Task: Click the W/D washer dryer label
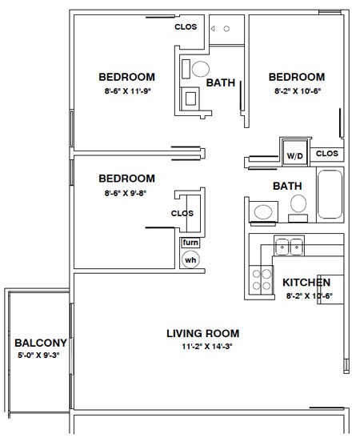pyautogui.click(x=294, y=156)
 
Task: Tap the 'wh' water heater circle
pyautogui.click(x=190, y=259)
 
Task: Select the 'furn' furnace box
pyautogui.click(x=190, y=243)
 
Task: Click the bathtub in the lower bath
pyautogui.click(x=330, y=195)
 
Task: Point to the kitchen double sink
pyautogui.click(x=289, y=246)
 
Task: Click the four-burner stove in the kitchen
pyautogui.click(x=261, y=280)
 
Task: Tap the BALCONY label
pyautogui.click(x=41, y=343)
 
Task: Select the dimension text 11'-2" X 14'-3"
pyautogui.click(x=207, y=347)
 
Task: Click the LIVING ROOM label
pyautogui.click(x=203, y=333)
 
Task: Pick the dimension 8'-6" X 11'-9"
pyautogui.click(x=128, y=91)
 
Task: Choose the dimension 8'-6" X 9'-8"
pyautogui.click(x=126, y=193)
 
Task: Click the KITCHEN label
pyautogui.click(x=306, y=283)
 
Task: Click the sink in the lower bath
pyautogui.click(x=263, y=211)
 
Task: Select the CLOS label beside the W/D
pyautogui.click(x=327, y=154)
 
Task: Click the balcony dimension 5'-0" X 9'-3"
pyautogui.click(x=39, y=356)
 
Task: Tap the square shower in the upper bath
pyautogui.click(x=190, y=98)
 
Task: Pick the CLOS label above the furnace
pyautogui.click(x=182, y=213)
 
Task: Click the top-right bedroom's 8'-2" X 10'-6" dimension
pyautogui.click(x=298, y=91)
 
